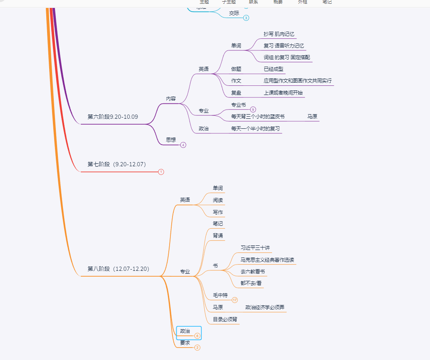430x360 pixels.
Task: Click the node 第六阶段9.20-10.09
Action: (112, 117)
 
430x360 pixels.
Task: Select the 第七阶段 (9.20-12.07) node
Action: (117, 164)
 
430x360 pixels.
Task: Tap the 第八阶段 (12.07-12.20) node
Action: (118, 269)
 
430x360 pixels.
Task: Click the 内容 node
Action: (171, 99)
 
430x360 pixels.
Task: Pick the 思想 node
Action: (171, 140)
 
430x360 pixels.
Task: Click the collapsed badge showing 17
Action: (235, 300)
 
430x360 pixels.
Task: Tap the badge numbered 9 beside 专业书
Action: (253, 110)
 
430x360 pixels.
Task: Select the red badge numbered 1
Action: (161, 172)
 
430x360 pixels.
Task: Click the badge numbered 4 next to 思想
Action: (183, 145)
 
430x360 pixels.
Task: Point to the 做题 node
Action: (236, 69)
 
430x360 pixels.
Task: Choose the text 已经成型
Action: (273, 69)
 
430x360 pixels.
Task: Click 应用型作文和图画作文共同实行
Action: (297, 81)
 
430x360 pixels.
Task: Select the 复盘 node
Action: (236, 92)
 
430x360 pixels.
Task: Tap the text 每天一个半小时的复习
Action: (255, 129)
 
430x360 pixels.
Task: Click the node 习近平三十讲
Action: (255, 247)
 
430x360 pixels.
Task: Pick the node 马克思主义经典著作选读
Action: (267, 260)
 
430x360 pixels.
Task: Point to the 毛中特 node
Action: (220, 295)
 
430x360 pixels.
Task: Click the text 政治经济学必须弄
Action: (265, 307)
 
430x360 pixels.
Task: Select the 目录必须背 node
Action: (225, 320)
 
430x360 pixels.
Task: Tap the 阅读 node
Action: (218, 200)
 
